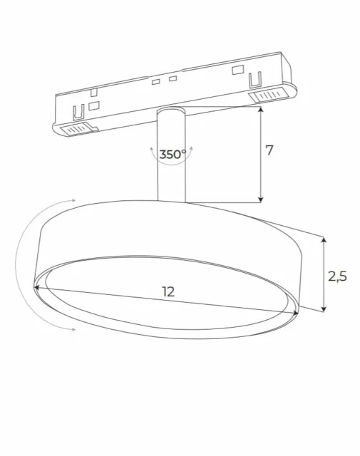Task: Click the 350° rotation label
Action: (173, 154)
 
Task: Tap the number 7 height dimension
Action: (269, 150)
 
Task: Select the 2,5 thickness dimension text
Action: (337, 276)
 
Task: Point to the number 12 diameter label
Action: (168, 291)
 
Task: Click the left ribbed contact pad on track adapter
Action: (78, 128)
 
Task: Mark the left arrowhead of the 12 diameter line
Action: (38, 286)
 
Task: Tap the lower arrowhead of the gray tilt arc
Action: (72, 328)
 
